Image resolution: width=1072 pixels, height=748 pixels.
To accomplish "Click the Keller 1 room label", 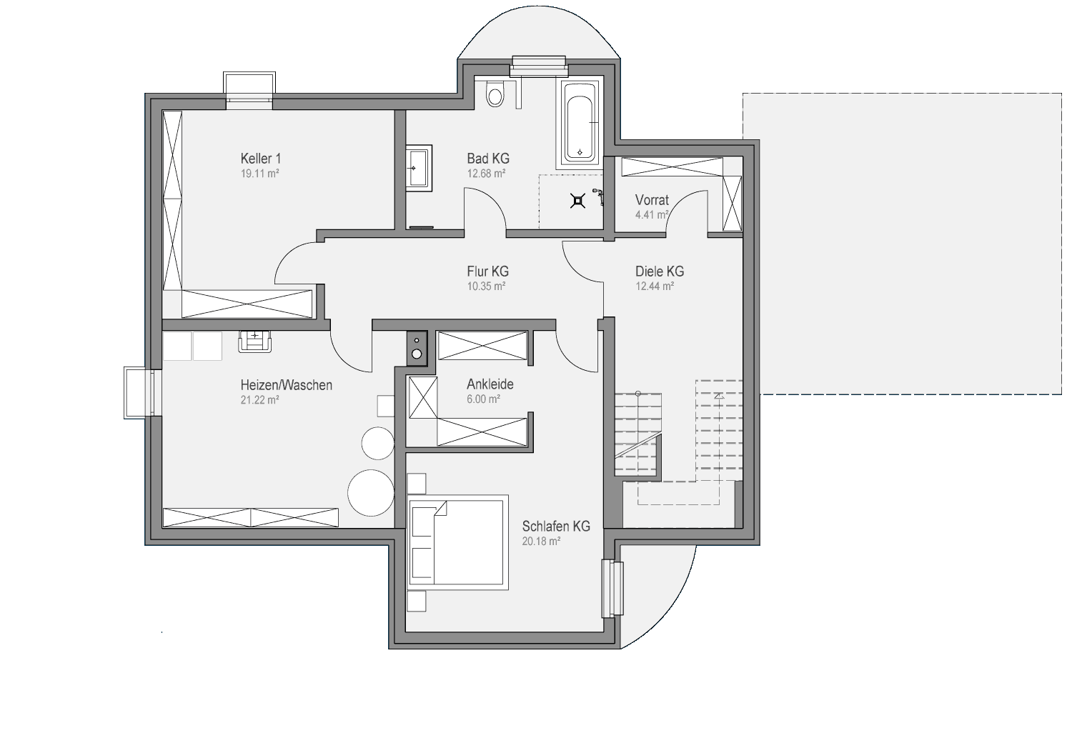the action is [261, 159].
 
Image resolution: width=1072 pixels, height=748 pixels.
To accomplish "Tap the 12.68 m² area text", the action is [486, 174].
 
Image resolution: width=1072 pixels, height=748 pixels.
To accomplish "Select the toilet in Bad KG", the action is [495, 94].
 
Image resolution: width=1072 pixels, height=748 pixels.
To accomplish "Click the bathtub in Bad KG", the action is [580, 124].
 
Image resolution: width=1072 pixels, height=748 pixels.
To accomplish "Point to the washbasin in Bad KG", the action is [419, 169].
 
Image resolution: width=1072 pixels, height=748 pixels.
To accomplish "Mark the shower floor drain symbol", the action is [578, 201].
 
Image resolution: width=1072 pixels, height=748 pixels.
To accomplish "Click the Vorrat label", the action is [652, 199].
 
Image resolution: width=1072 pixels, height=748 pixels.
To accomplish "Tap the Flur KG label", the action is [487, 271].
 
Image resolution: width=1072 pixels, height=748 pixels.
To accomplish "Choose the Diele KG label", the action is [660, 271].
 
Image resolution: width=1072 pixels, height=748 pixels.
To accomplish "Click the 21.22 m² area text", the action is [260, 400].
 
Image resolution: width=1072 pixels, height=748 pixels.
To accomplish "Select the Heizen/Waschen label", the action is [286, 385].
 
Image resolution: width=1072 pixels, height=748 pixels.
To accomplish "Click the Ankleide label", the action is [490, 384].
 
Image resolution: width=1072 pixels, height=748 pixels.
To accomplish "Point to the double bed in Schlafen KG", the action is [457, 542].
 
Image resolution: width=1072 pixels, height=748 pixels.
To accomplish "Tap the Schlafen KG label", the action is [556, 526].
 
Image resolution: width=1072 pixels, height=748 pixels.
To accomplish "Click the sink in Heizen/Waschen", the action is [255, 341].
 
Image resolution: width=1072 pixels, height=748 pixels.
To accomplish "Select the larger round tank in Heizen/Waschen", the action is [371, 493].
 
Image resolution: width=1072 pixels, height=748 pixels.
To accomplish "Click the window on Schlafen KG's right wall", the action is [612, 588].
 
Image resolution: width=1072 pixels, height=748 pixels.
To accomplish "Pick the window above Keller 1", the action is [249, 91].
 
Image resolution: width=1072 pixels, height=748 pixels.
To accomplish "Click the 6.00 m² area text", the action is [483, 399].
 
